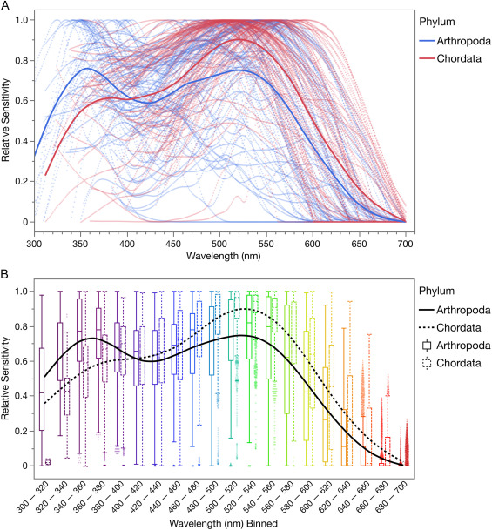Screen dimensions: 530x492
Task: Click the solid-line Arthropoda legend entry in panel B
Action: [462, 308]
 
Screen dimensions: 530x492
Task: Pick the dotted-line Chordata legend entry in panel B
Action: [459, 326]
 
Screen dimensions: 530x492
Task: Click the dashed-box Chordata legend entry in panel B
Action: [459, 364]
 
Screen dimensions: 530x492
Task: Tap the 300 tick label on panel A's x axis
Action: [35, 245]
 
